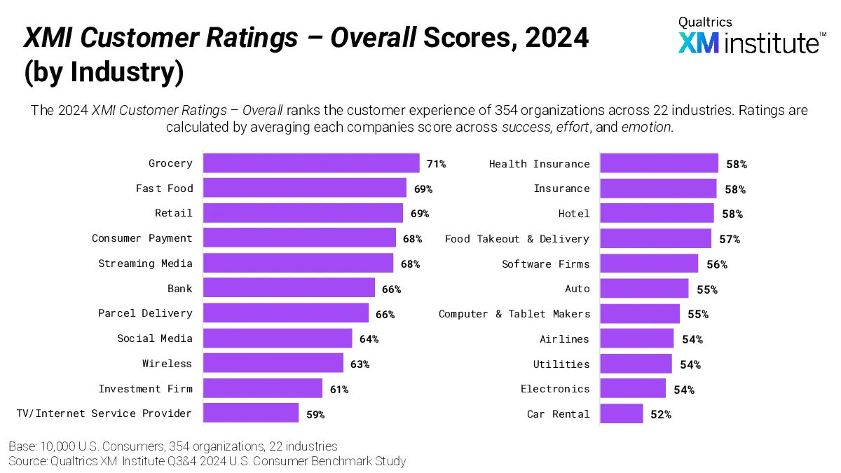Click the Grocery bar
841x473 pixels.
pos(311,163)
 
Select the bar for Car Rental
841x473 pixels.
pos(622,413)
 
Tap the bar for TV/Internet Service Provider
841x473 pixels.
pos(251,413)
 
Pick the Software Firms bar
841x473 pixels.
pos(649,263)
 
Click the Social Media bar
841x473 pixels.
pos(278,338)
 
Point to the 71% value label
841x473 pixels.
pos(436,164)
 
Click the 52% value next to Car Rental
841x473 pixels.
pos(661,414)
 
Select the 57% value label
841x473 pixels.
pos(730,240)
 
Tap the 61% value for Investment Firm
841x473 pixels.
pos(339,390)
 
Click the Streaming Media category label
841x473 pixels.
pos(145,263)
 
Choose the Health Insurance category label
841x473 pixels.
pos(539,164)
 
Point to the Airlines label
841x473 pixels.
pos(564,339)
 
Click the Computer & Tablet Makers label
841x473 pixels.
pos(514,314)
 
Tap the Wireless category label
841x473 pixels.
pos(167,364)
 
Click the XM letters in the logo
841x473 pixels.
pos(698,43)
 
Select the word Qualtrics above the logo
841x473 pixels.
pos(705,22)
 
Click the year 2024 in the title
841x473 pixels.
pos(556,38)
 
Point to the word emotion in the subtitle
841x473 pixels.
pos(646,127)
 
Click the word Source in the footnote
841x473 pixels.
pos(27,461)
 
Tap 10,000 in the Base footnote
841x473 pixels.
pos(57,446)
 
